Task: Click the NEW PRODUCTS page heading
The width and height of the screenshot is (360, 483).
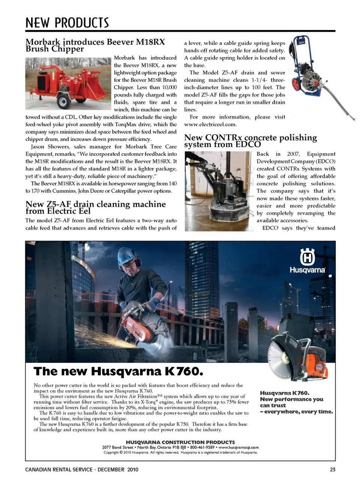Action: click(x=67, y=23)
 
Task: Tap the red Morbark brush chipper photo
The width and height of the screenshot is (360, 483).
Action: click(x=69, y=83)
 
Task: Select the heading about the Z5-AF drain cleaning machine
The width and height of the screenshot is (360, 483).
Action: click(x=96, y=208)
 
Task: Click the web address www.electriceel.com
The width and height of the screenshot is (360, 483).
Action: click(x=210, y=125)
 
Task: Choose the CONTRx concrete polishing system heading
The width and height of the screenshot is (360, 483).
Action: click(x=250, y=141)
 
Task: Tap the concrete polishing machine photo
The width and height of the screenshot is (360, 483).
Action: click(x=219, y=191)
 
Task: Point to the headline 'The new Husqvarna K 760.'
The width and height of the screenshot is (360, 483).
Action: click(x=118, y=372)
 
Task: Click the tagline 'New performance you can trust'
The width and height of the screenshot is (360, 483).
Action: click(x=292, y=402)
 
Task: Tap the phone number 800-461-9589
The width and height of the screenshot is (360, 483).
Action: click(x=202, y=447)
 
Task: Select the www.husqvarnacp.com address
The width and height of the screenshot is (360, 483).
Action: click(x=238, y=447)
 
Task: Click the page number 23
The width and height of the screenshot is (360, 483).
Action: click(x=333, y=469)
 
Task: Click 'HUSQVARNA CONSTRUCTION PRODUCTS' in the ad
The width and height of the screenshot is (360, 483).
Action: click(x=180, y=442)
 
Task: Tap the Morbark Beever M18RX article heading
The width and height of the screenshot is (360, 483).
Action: click(x=95, y=45)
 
